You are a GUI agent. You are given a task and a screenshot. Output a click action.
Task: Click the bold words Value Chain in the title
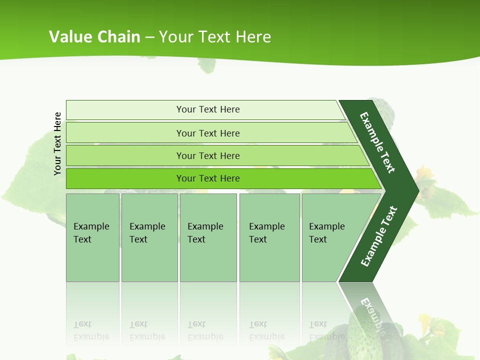[94, 36]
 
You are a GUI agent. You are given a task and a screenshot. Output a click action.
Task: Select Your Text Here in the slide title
[215, 36]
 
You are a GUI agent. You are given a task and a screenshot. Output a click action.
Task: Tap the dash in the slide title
[149, 37]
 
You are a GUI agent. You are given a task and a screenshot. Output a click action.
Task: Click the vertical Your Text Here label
[57, 143]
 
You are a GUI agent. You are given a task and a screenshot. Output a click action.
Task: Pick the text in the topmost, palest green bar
[208, 109]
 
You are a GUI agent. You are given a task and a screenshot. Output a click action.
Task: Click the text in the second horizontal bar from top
[208, 133]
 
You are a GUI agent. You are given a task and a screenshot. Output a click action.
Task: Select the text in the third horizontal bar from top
[208, 156]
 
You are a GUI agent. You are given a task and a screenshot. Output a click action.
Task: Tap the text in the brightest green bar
[208, 178]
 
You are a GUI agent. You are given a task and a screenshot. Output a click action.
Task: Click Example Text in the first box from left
[91, 233]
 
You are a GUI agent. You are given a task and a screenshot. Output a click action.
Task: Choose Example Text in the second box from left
[147, 233]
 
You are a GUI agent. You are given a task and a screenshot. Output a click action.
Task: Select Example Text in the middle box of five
[205, 233]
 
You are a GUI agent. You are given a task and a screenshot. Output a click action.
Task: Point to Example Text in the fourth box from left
[266, 233]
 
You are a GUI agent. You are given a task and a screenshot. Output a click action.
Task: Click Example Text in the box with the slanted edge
[326, 233]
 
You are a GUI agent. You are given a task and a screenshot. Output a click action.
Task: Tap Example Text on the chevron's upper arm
[377, 142]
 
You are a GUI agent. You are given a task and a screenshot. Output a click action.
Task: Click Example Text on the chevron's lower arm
[379, 236]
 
